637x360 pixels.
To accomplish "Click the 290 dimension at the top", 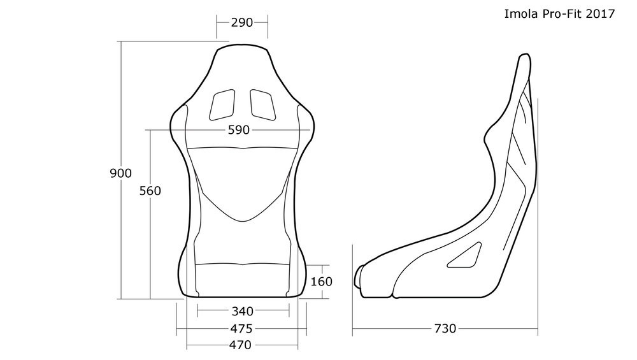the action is pos(242,22).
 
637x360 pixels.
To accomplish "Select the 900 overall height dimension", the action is pos(120,173).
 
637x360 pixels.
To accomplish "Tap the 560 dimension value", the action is pos(150,191).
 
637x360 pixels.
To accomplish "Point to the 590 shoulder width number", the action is pos(239,130).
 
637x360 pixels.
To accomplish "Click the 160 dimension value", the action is pos(321,281).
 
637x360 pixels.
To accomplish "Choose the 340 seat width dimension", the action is pos(243,311).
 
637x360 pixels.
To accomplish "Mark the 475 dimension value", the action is pos(241,328).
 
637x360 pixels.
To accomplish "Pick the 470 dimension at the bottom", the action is pos(241,345).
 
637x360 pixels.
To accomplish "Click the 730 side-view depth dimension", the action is pos(445,328).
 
